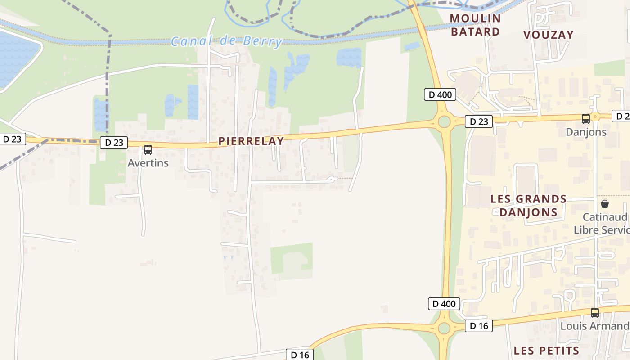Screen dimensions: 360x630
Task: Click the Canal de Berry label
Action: click(226, 41)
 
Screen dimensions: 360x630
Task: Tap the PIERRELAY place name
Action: click(251, 141)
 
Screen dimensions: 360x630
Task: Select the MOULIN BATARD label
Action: click(475, 25)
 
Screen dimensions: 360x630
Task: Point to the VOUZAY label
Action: click(549, 35)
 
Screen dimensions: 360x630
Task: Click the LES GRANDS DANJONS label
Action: click(528, 206)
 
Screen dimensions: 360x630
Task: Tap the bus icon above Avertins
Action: click(148, 150)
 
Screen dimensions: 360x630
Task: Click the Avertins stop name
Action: click(148, 163)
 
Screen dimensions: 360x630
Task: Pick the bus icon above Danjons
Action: click(586, 119)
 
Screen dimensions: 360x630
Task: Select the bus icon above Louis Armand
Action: click(595, 313)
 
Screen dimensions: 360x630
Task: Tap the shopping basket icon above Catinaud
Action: click(605, 204)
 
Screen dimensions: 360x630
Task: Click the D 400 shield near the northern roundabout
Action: click(440, 94)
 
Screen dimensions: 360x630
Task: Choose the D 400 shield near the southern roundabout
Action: click(444, 304)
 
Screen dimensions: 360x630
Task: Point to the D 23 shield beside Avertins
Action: click(114, 143)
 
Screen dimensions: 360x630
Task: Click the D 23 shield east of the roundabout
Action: click(479, 121)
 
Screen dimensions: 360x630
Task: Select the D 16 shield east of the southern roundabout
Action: click(479, 326)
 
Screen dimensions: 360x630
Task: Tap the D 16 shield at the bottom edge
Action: click(300, 355)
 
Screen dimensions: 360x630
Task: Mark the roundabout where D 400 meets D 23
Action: click(444, 121)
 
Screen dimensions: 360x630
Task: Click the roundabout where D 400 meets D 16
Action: click(444, 328)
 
